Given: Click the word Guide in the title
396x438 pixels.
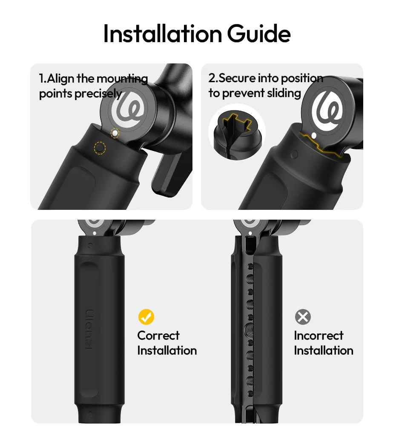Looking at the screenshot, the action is tap(259, 34).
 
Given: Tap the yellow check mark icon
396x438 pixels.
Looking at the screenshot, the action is tap(146, 317).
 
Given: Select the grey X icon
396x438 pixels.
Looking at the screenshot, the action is tap(303, 317).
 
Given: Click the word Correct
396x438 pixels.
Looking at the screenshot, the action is tap(158, 335).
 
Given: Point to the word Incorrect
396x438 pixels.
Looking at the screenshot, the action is tap(319, 335).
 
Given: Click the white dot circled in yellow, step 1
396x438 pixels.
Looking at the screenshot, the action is tap(115, 133).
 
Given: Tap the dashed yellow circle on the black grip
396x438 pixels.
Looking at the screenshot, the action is tap(100, 148).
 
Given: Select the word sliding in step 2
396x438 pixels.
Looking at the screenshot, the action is tap(284, 93).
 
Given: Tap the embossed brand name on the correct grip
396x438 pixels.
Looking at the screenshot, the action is tap(89, 329).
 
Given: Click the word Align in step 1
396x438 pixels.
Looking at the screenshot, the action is tap(60, 79).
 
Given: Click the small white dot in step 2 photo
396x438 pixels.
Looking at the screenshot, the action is tap(314, 136).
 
